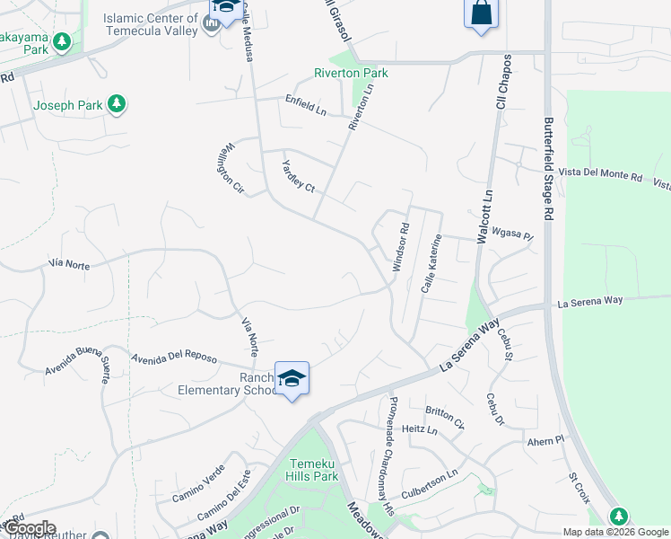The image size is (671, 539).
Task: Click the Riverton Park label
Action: pyautogui.click(x=351, y=73)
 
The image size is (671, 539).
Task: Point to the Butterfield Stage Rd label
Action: pyautogui.click(x=548, y=168)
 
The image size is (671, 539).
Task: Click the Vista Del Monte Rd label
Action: pyautogui.click(x=600, y=177)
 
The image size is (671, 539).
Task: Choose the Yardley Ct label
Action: pyautogui.click(x=299, y=175)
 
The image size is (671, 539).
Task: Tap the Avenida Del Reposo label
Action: pyautogui.click(x=174, y=356)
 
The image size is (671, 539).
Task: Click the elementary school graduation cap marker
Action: pyautogui.click(x=292, y=378)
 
